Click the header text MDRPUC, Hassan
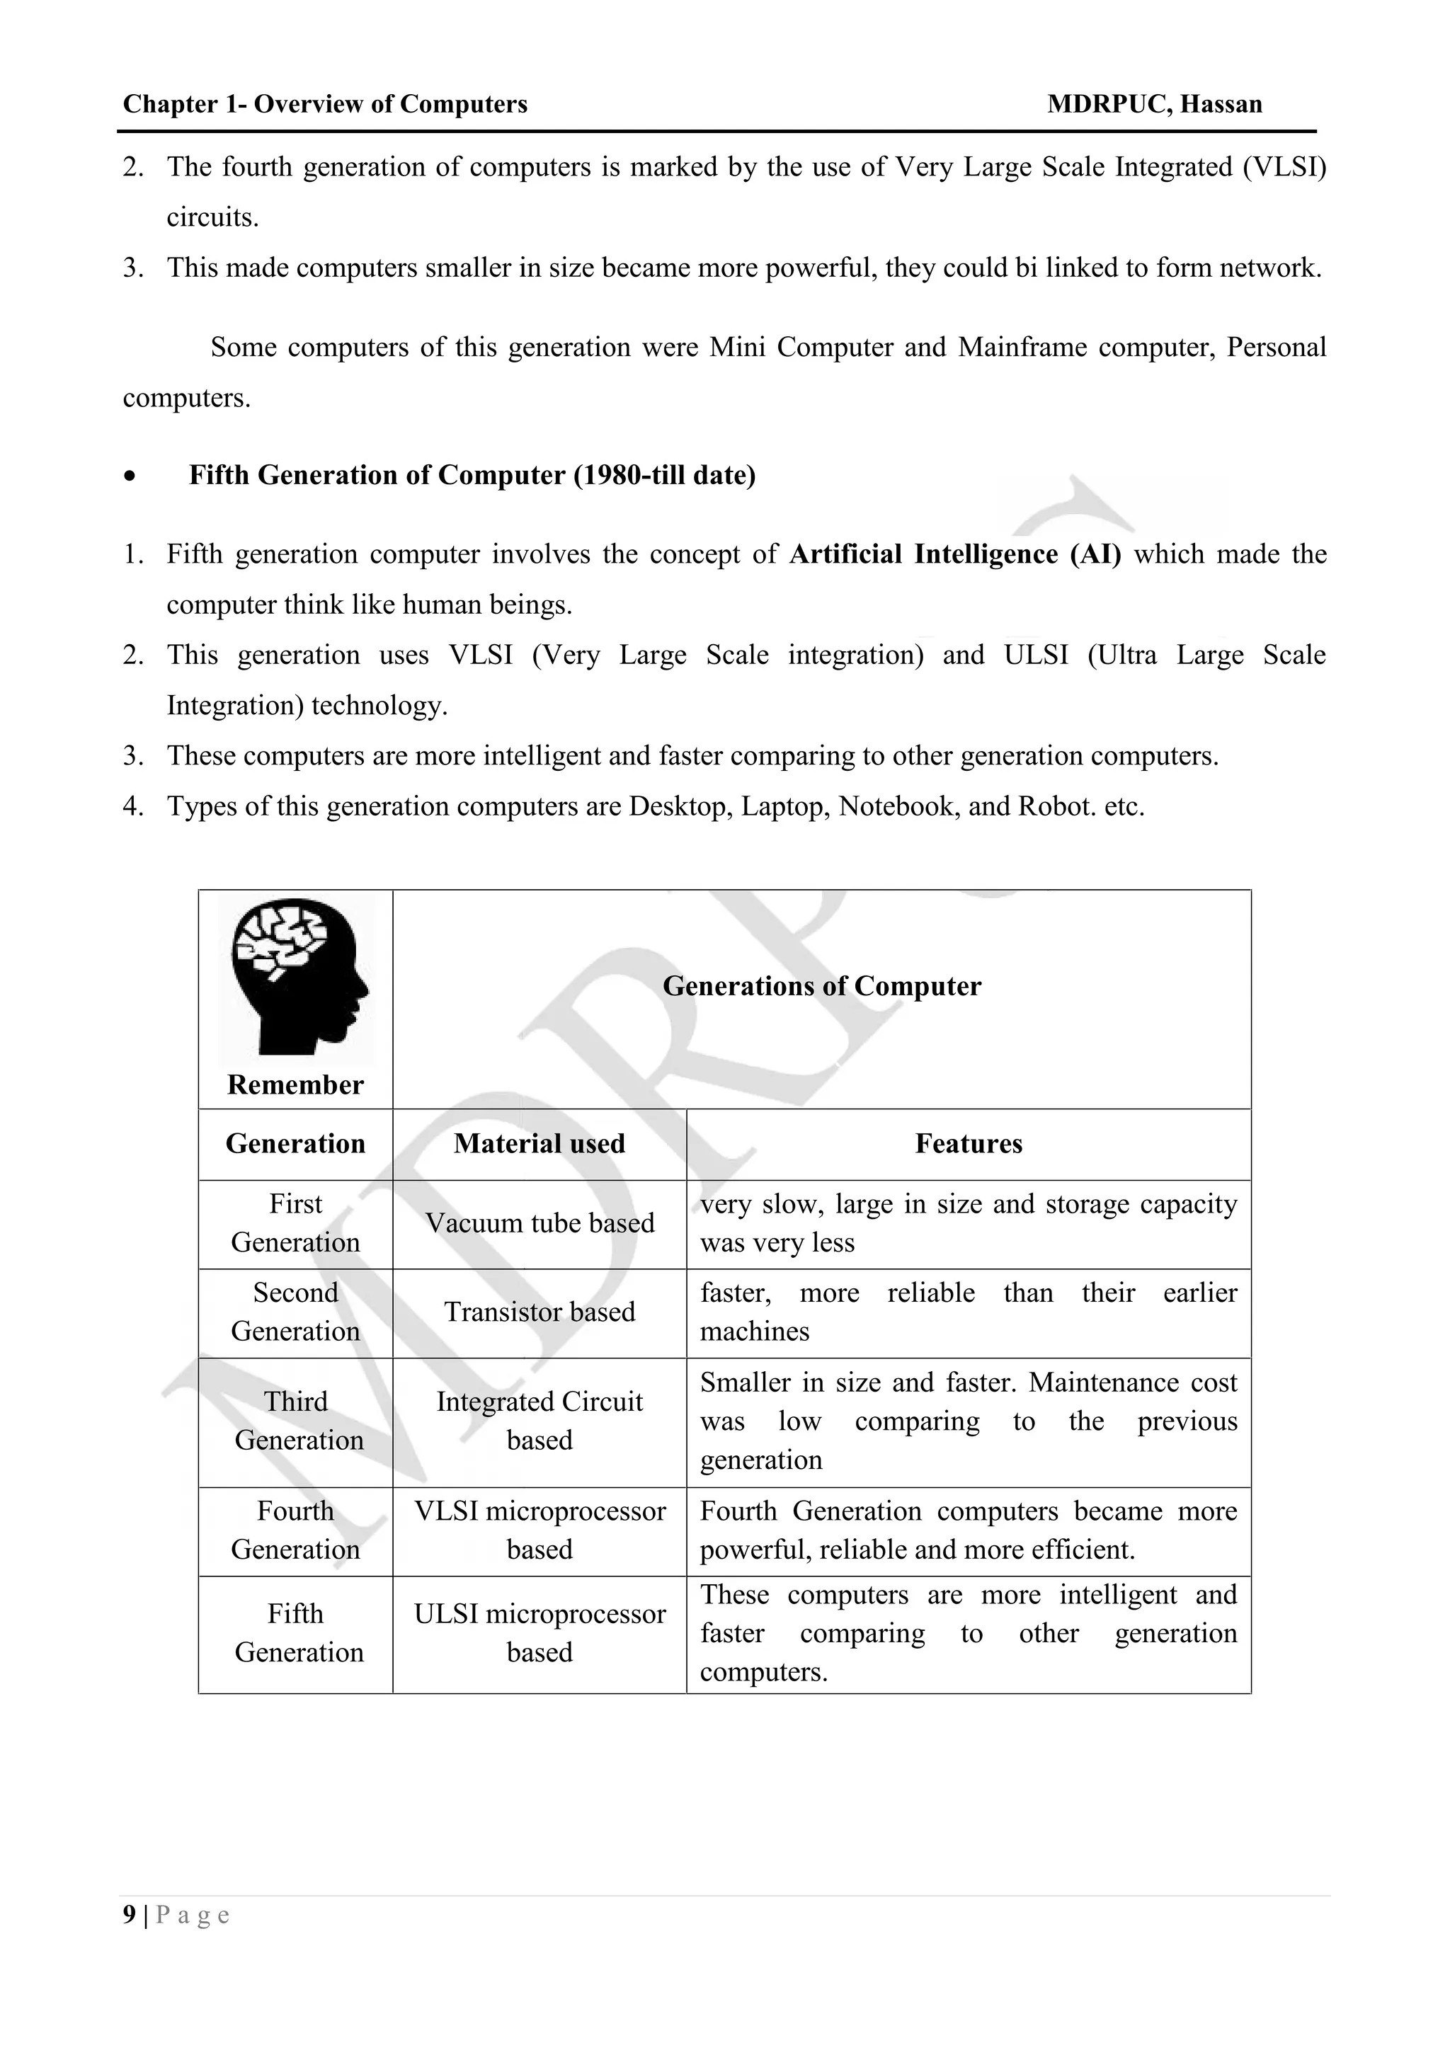pyautogui.click(x=1155, y=105)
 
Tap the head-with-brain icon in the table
pyautogui.click(x=297, y=978)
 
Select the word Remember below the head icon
pyautogui.click(x=295, y=1085)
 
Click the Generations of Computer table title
pyautogui.click(x=821, y=987)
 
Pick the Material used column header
pyautogui.click(x=540, y=1144)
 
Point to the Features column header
pyautogui.click(x=968, y=1144)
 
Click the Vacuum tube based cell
pyautogui.click(x=540, y=1223)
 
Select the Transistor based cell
pyautogui.click(x=540, y=1312)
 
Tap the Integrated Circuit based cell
pyautogui.click(x=540, y=1421)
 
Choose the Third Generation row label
pyautogui.click(x=297, y=1421)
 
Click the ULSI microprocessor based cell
pyautogui.click(x=540, y=1633)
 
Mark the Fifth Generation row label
pyautogui.click(x=297, y=1633)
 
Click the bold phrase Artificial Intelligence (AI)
pyautogui.click(x=954, y=554)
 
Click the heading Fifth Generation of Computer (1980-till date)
pyautogui.click(x=472, y=475)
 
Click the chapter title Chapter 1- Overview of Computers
pyautogui.click(x=325, y=105)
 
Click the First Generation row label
pyautogui.click(x=295, y=1223)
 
